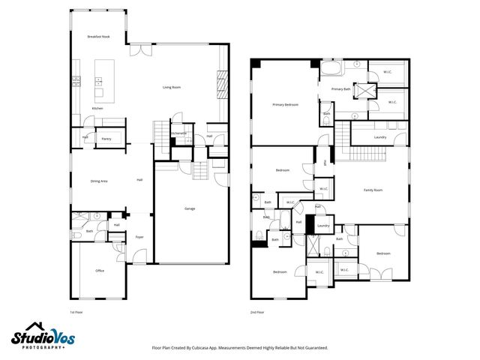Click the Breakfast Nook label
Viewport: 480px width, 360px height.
pyautogui.click(x=100, y=37)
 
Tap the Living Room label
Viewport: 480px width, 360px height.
pyautogui.click(x=172, y=87)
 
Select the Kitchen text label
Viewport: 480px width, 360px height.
pyautogui.click(x=97, y=109)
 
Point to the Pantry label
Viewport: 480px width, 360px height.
pyautogui.click(x=106, y=139)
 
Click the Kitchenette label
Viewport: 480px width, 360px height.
pyautogui.click(x=179, y=133)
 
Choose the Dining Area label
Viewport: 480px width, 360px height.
pyautogui.click(x=99, y=181)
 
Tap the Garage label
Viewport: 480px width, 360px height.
pyautogui.click(x=190, y=208)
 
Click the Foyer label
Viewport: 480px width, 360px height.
pyautogui.click(x=139, y=237)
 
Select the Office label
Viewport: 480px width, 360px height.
pyautogui.click(x=99, y=271)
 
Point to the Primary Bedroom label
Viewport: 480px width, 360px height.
pyautogui.click(x=285, y=104)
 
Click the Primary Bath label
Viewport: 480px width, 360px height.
pyautogui.click(x=340, y=88)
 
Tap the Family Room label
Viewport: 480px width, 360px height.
pyautogui.click(x=373, y=190)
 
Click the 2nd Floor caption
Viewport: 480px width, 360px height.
pyautogui.click(x=258, y=311)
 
